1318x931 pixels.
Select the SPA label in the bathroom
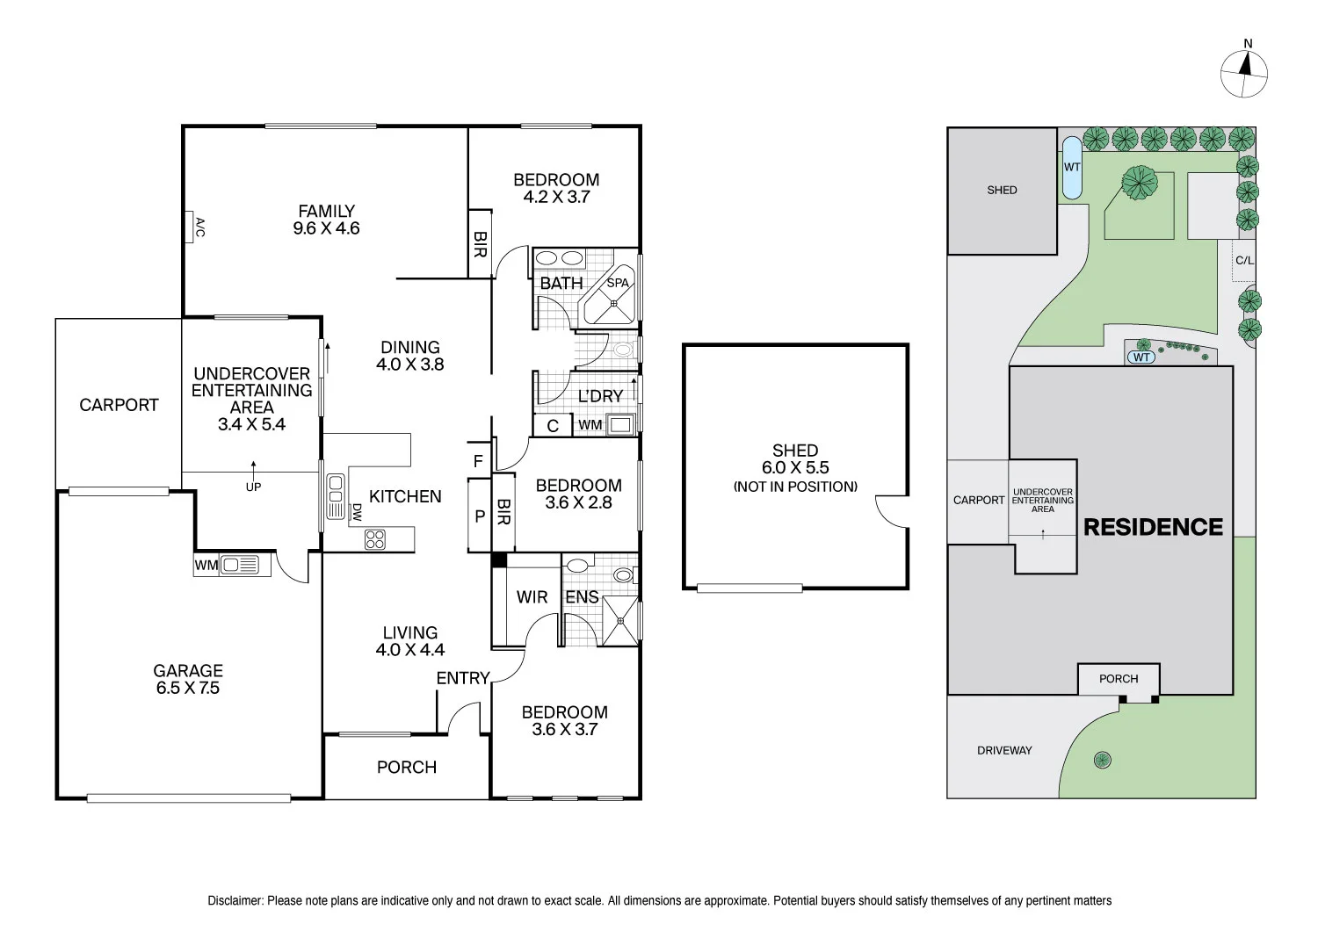pyautogui.click(x=618, y=283)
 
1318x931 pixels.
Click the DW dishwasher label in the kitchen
pyautogui.click(x=356, y=512)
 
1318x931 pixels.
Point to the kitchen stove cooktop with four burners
pyautogui.click(x=375, y=539)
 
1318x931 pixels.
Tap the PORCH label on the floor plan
pyautogui.click(x=406, y=767)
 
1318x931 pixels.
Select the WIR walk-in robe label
pyautogui.click(x=532, y=597)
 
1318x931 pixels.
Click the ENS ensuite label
pyautogui.click(x=582, y=597)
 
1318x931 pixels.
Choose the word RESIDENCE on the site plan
pyautogui.click(x=1153, y=527)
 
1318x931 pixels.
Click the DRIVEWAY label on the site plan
pyautogui.click(x=1004, y=750)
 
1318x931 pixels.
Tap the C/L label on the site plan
pyautogui.click(x=1244, y=260)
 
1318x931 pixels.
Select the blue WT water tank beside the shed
pyautogui.click(x=1072, y=167)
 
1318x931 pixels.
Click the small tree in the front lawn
pyautogui.click(x=1103, y=760)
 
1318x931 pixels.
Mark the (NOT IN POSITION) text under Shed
pyautogui.click(x=795, y=487)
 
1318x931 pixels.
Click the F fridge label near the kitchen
pyautogui.click(x=478, y=461)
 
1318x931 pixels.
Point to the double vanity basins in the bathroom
pyautogui.click(x=560, y=258)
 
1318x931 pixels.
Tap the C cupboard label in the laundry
pyautogui.click(x=553, y=426)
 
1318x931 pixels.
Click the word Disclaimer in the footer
pyautogui.click(x=235, y=900)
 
